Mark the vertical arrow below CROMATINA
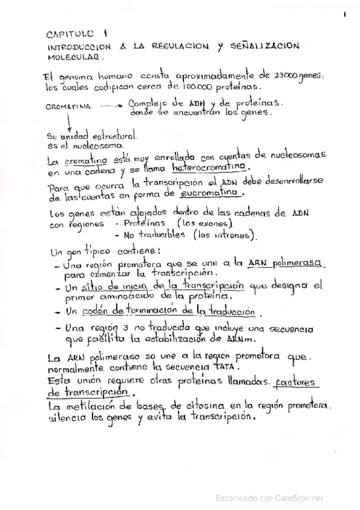(x=70, y=121)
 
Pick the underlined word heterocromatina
(x=209, y=167)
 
